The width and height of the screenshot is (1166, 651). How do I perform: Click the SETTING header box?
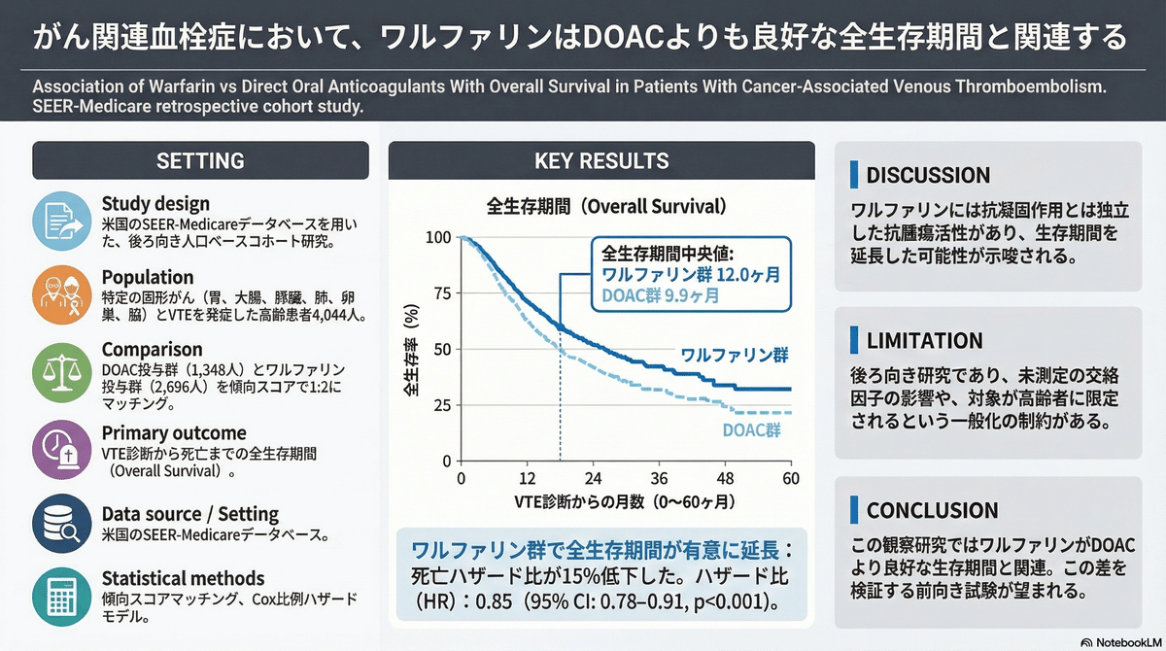point(200,160)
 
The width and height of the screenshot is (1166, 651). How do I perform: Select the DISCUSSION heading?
point(927,176)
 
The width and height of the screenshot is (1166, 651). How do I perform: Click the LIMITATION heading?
point(924,341)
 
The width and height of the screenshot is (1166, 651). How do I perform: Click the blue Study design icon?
point(62,220)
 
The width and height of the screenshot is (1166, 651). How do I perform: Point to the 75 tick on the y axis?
point(441,293)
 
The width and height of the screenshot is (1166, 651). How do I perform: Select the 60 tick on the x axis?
point(791,479)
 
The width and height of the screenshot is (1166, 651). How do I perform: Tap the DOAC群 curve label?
point(752,431)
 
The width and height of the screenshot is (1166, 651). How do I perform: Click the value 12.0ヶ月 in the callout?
point(749,275)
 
